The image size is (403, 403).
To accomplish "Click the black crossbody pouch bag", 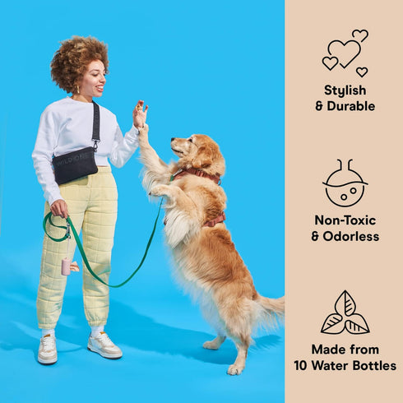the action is pyautogui.click(x=75, y=165).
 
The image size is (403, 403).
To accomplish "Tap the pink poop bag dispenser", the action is pyautogui.click(x=66, y=266).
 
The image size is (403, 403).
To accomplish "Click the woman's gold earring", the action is pyautogui.click(x=77, y=90).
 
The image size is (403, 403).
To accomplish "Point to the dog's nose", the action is pyautogui.click(x=174, y=140).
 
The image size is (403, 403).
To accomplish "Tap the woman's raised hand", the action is pyautogui.click(x=140, y=113).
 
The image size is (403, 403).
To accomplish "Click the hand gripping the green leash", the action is pyautogui.click(x=59, y=208).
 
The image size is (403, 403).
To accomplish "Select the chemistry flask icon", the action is pyautogui.click(x=345, y=183).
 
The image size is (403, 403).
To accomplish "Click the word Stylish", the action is pyautogui.click(x=345, y=90).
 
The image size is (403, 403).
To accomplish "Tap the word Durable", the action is pyautogui.click(x=351, y=106).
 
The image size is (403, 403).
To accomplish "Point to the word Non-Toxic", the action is pyautogui.click(x=345, y=220).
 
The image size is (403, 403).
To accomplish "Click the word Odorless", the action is pyautogui.click(x=351, y=236).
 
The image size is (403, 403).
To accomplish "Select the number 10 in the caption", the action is pyautogui.click(x=301, y=366).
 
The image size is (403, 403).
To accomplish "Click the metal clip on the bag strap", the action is pyautogui.click(x=95, y=145).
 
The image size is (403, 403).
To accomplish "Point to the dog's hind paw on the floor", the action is pyautogui.click(x=236, y=369).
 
